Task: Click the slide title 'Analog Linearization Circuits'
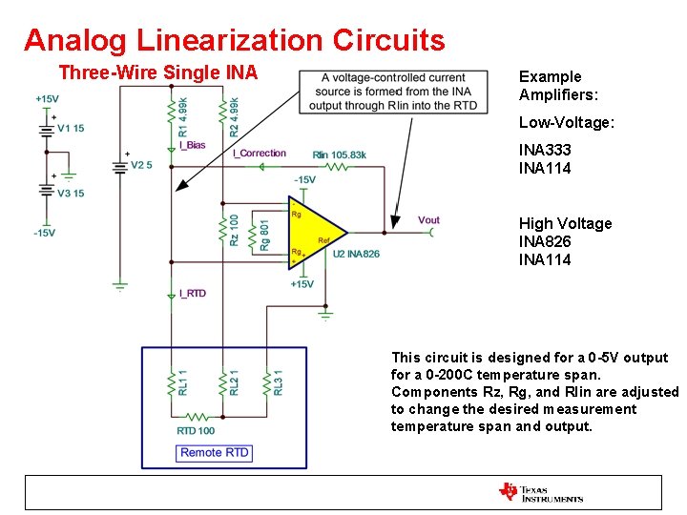234,40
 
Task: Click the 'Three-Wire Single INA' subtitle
157,72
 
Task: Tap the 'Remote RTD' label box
215,452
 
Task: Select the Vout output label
428,220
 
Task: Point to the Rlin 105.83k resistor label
339,154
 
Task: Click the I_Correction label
260,154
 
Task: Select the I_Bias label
192,146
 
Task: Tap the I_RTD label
192,294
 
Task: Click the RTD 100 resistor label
196,431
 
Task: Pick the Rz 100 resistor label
235,231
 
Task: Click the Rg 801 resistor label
264,235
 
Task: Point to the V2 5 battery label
141,165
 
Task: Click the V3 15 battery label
72,194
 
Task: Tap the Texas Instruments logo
540,492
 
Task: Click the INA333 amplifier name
545,151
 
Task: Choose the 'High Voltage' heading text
565,223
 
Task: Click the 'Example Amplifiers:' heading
550,86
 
